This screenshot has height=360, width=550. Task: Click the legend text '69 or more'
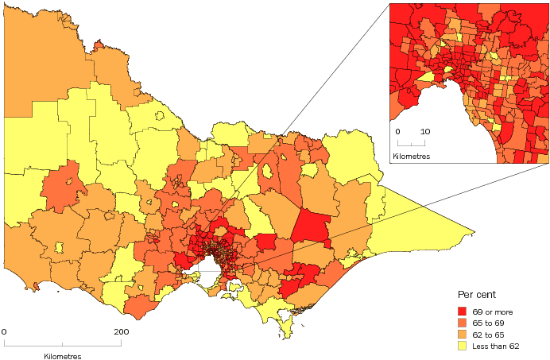point(493,311)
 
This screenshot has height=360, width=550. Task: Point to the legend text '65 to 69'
point(489,323)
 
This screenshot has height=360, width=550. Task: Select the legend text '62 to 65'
point(489,335)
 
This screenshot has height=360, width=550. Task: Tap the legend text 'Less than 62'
point(497,346)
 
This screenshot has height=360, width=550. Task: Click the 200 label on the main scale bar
point(122,331)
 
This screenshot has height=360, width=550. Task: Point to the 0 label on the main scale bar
point(4,331)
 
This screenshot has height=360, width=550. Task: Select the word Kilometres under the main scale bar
point(63,357)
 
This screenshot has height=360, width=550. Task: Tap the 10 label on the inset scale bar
point(425,131)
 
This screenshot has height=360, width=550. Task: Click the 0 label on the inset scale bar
point(398,131)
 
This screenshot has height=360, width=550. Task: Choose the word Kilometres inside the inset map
point(411,156)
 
